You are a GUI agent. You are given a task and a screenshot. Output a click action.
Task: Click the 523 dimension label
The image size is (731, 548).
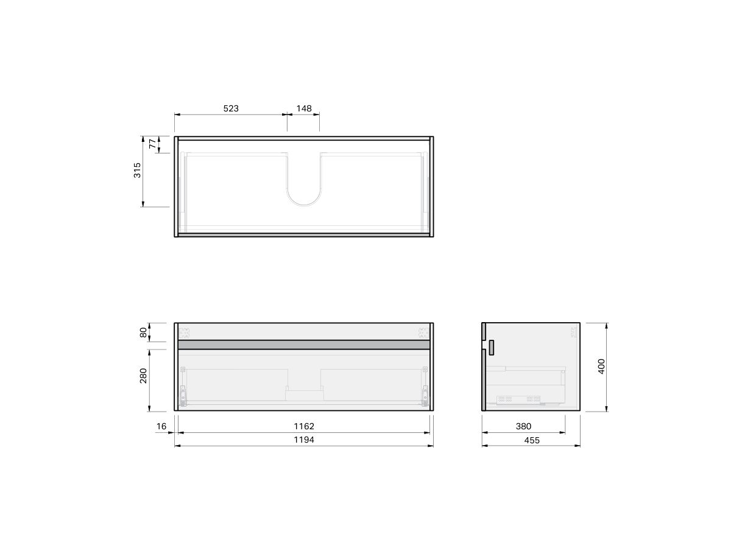pos(230,108)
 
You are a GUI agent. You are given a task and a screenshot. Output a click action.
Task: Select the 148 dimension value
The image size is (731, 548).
pos(303,108)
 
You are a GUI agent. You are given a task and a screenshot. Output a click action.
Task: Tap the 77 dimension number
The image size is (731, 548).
pos(152,144)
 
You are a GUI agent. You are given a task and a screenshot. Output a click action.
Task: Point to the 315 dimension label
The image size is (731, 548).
pos(138,170)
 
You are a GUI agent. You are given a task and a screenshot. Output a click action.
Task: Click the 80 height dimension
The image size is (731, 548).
pos(144,332)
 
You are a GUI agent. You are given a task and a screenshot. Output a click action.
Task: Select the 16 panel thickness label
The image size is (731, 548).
pos(161,426)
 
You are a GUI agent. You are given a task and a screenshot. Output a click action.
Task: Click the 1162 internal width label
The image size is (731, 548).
pos(303,426)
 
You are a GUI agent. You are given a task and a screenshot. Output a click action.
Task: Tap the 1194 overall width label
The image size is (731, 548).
pos(303,440)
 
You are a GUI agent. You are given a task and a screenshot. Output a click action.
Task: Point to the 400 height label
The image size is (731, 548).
pos(602,366)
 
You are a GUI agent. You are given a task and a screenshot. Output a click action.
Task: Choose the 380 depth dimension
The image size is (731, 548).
pos(523,426)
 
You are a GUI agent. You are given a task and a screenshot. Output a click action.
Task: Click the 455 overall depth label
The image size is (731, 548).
pos(531,440)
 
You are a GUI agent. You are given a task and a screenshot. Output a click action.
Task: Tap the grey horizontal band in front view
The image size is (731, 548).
pos(304,345)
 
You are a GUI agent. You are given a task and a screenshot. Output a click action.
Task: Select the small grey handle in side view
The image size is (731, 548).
pos(490,348)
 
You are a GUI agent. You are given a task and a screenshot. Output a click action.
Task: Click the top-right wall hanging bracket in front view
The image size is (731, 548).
pos(422,332)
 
